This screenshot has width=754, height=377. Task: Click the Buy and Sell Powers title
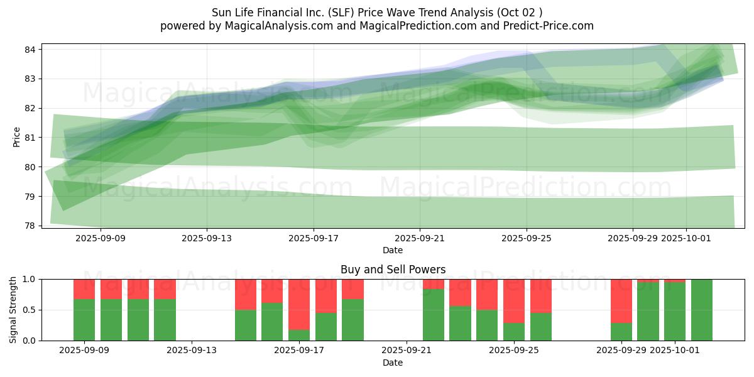[393, 270]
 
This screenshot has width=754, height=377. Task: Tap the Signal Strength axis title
[13, 310]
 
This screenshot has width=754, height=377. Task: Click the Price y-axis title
[17, 137]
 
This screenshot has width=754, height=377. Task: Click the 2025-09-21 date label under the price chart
[420, 239]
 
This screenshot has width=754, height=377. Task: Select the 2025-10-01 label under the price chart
[686, 239]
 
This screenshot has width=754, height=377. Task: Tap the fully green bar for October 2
[702, 310]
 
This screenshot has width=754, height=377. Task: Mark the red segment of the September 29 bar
[621, 300]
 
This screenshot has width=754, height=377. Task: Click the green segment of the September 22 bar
[434, 315]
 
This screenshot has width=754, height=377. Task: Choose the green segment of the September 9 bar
[84, 320]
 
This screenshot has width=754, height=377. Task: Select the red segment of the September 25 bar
[514, 300]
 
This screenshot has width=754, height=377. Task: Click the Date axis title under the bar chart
[393, 363]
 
